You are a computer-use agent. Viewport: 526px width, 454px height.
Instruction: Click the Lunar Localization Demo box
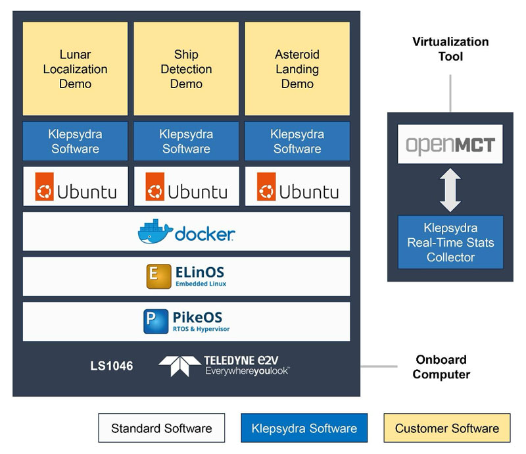point(76,69)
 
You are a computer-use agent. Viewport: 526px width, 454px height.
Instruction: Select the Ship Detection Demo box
point(186,69)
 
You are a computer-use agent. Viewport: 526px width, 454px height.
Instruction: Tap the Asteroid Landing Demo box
point(297,69)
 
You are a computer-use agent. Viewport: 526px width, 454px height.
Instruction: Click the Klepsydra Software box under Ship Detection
point(186,141)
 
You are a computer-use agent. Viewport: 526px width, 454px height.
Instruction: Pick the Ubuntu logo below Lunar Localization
point(45,188)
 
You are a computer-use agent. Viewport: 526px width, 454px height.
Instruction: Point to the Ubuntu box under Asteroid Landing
point(297,187)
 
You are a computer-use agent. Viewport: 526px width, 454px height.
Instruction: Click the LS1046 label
point(111,366)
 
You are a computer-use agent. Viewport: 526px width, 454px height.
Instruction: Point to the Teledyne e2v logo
point(224,365)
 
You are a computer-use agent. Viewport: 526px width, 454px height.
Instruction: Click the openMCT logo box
point(450,144)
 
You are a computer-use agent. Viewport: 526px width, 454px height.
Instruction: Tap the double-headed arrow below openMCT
point(450,189)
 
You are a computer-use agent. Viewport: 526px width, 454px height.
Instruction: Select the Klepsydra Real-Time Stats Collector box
point(450,242)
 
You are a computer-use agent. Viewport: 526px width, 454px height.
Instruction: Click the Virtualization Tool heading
point(450,49)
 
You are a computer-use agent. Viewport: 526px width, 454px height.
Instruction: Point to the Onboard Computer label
point(441,367)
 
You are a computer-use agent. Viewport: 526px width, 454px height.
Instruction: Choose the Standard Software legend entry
point(161,428)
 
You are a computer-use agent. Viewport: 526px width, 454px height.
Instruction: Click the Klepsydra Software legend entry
point(304,428)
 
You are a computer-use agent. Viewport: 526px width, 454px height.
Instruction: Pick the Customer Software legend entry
point(447,428)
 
